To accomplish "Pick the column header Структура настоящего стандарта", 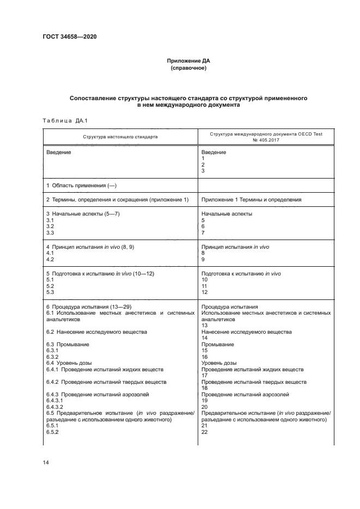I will pyautogui.click(x=120, y=137).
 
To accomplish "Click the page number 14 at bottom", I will pyautogui.click(x=46, y=462).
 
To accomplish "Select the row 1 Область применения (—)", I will pyautogui.click(x=81, y=186).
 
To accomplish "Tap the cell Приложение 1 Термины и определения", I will pyautogui.click(x=251, y=200).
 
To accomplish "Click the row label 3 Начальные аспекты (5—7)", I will pyautogui.click(x=83, y=214).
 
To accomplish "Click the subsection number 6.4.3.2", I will pyautogui.click(x=55, y=407).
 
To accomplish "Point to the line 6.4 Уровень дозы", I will pyautogui.click(x=69, y=363).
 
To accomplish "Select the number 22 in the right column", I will pyautogui.click(x=204, y=432).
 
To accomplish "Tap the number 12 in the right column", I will pyautogui.click(x=204, y=292).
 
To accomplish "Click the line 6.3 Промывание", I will pyautogui.click(x=68, y=345).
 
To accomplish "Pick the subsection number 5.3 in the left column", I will pyautogui.click(x=50, y=292).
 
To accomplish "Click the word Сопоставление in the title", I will pyautogui.click(x=92, y=99).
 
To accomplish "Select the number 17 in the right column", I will pyautogui.click(x=204, y=376).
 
